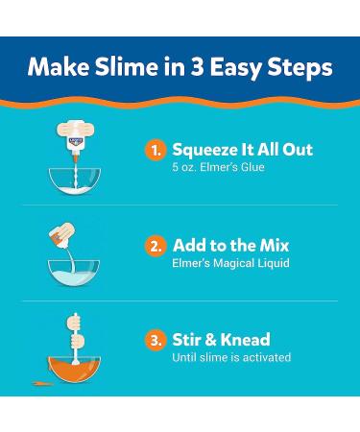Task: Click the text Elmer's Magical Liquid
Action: (230, 264)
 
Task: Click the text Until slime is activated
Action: (230, 358)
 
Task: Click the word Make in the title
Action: (56, 68)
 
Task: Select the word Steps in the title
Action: (300, 68)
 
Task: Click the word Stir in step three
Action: (187, 340)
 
